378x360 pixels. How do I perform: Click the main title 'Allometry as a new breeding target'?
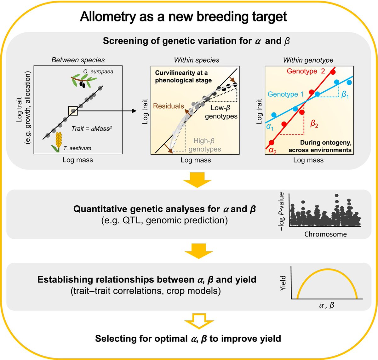183,17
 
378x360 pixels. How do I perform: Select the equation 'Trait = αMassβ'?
92,129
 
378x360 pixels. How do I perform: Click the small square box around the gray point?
73,111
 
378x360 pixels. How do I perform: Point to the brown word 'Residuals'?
168,106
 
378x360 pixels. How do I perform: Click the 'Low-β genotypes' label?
221,112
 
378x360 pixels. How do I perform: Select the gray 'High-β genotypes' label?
204,145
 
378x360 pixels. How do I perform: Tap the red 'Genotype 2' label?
306,71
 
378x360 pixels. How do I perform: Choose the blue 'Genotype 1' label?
285,94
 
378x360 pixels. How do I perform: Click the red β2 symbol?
314,123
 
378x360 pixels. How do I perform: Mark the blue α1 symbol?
270,127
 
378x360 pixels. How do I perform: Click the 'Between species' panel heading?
78,60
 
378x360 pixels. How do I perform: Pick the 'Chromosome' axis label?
325,234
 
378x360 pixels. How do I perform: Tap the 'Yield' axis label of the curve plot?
283,283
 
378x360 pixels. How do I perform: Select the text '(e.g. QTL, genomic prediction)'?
164,220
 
